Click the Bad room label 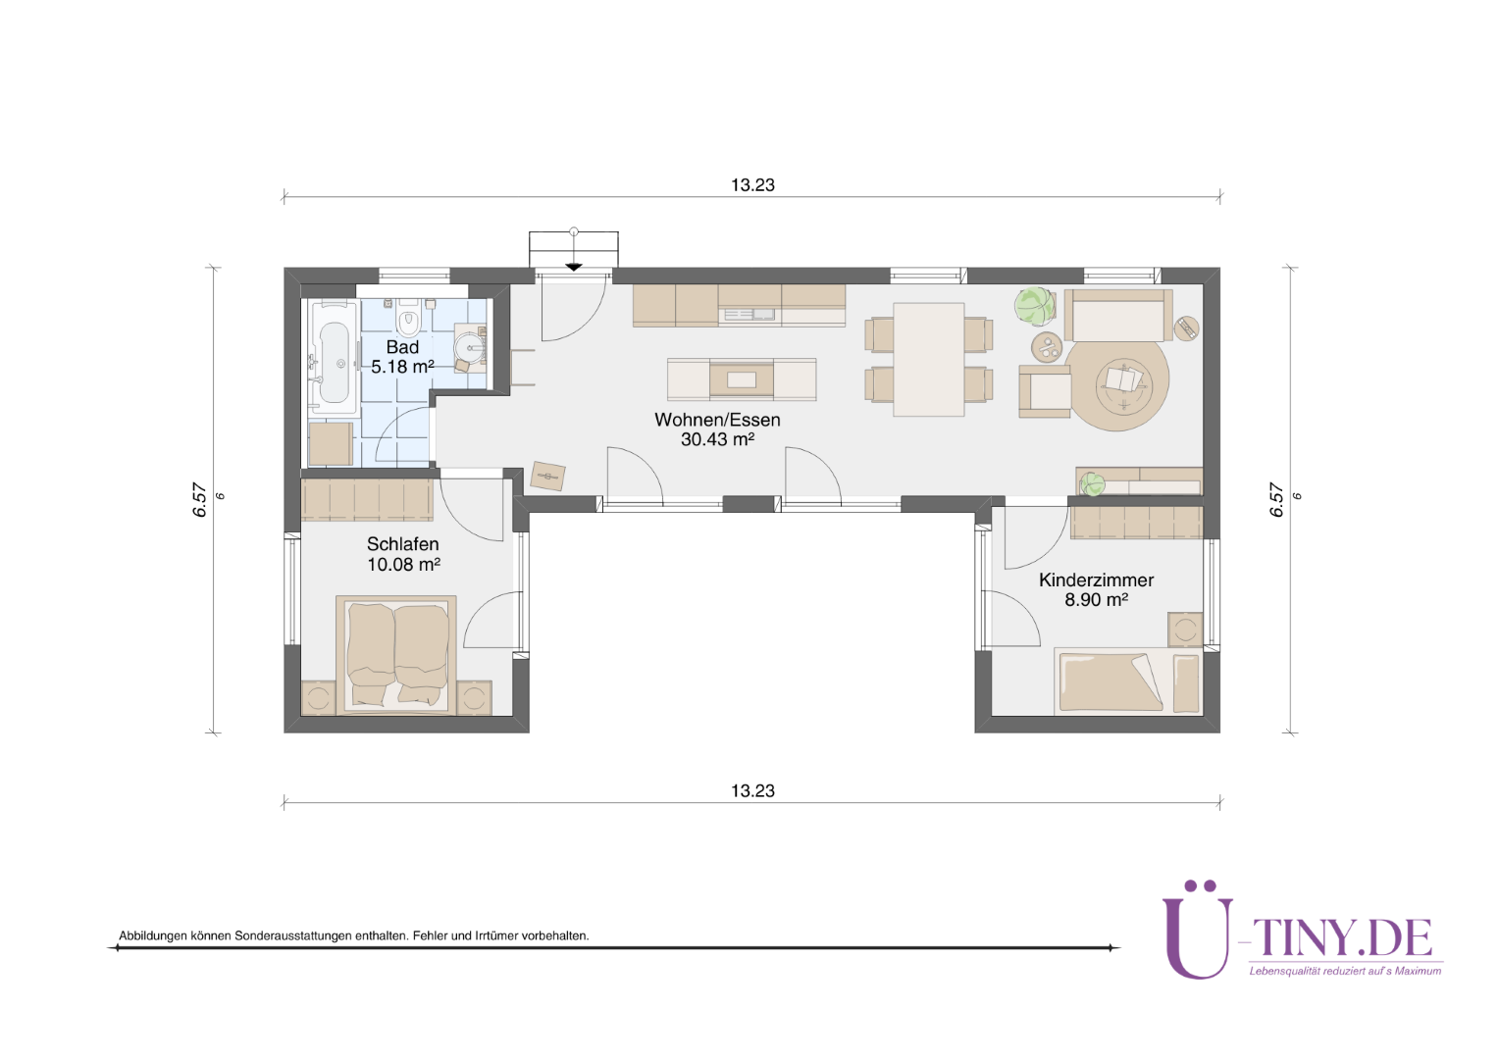tap(402, 346)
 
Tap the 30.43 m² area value tap(717, 439)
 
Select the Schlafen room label tap(403, 544)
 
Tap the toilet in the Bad tap(408, 318)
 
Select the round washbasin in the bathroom tap(471, 347)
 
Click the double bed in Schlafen tap(396, 654)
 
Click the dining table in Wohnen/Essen tap(929, 359)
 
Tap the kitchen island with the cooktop tap(742, 379)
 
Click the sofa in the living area tap(1118, 315)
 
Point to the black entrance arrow tap(574, 267)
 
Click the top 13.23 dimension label tap(752, 185)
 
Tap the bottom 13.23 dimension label tap(752, 790)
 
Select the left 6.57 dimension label tap(199, 500)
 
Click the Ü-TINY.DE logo tap(1302, 932)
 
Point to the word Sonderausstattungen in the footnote tap(293, 935)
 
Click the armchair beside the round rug tap(1045, 391)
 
